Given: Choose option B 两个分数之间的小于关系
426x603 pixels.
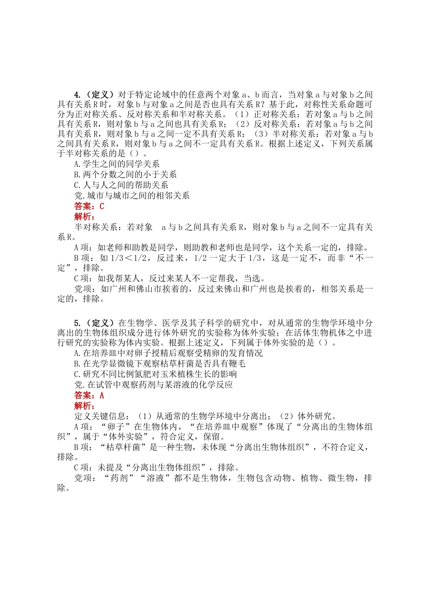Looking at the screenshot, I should [x=125, y=175].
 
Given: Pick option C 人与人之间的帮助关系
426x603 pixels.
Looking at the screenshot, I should [x=121, y=185].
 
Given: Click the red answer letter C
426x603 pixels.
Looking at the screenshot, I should [x=102, y=206].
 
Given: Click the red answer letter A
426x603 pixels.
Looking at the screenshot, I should [x=102, y=395].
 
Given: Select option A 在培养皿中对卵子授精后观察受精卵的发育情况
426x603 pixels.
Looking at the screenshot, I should [x=168, y=353].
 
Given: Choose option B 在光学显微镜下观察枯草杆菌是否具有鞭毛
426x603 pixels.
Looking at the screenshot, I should [x=159, y=363].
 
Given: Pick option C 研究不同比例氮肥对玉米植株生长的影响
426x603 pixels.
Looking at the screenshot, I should [x=155, y=374].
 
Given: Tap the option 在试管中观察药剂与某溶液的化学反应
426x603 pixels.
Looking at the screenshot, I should [x=153, y=385].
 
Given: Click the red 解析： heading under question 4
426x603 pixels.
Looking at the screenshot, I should [x=84, y=217].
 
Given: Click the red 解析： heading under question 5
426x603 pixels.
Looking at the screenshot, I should [x=84, y=406].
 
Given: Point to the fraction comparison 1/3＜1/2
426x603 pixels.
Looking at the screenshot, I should [x=129, y=258].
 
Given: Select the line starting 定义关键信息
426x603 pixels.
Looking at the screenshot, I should [x=205, y=416].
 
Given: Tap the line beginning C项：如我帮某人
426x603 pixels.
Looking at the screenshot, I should [x=170, y=279].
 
